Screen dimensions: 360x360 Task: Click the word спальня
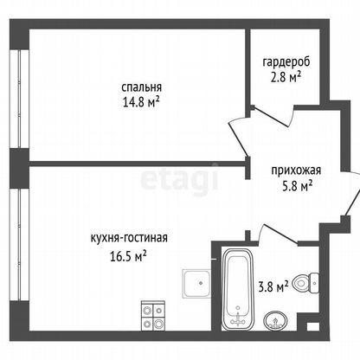tap(142, 87)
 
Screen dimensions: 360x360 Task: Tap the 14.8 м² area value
tap(141, 102)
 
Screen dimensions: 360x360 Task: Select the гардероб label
tap(286, 62)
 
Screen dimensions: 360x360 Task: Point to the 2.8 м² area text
tap(286, 77)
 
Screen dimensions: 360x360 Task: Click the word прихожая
tap(296, 170)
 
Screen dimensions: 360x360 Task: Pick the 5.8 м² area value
tap(298, 186)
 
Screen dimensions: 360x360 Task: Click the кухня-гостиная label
tap(129, 238)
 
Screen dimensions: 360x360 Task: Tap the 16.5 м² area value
tap(128, 256)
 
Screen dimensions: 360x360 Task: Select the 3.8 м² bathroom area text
tap(273, 287)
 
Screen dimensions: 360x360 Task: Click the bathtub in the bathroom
tap(238, 289)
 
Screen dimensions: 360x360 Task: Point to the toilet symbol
tap(305, 283)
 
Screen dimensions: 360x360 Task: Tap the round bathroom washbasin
tap(275, 320)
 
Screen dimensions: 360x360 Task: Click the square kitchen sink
tap(196, 284)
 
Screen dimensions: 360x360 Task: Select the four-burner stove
tap(153, 316)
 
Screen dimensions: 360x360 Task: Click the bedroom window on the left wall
tap(19, 99)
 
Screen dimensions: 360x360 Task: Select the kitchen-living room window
tap(19, 245)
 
